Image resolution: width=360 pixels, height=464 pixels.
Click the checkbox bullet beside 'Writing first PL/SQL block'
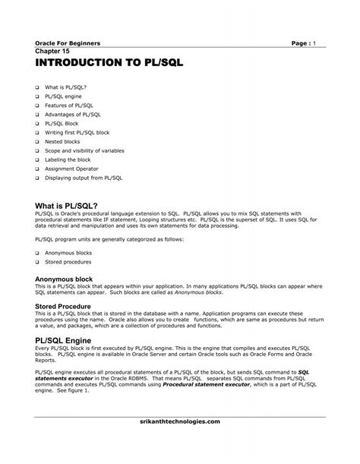point(36,131)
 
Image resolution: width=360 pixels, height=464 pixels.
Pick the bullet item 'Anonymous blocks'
point(68,252)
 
